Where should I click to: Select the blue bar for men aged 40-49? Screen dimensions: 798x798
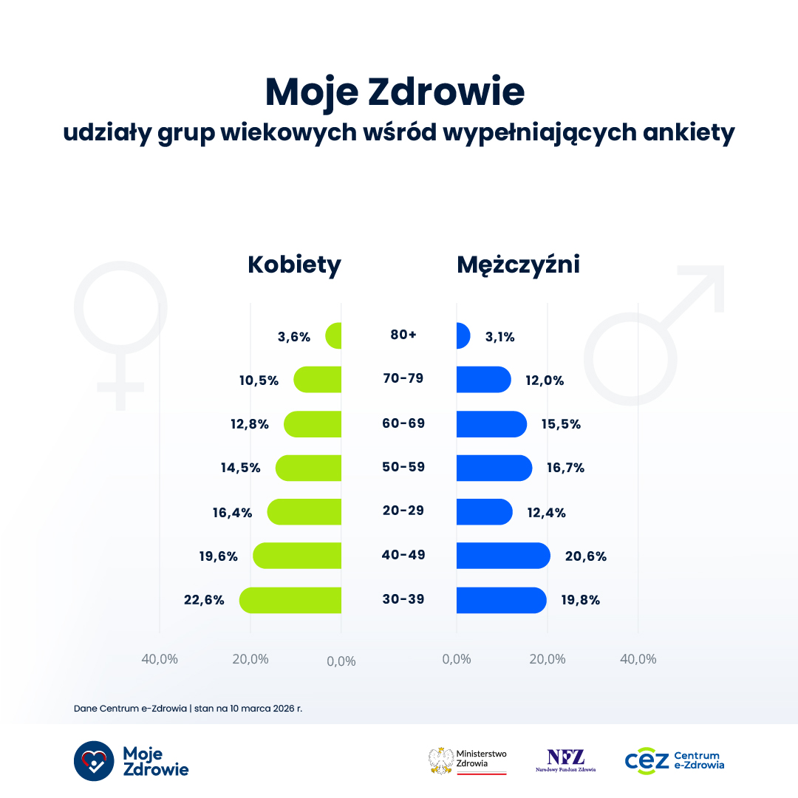coord(502,556)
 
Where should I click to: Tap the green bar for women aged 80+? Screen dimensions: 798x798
coord(334,336)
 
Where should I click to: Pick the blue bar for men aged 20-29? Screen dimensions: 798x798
coord(484,512)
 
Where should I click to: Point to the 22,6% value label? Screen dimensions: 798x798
coord(204,600)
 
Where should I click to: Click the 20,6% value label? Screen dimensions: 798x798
coord(585,556)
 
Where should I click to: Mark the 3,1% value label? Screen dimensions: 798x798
coord(499,337)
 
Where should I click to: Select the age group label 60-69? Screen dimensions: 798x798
coord(403,423)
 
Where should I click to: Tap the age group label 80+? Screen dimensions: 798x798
coord(403,335)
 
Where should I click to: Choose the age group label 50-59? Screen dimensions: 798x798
coord(403,467)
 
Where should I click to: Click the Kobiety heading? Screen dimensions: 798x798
coord(294,265)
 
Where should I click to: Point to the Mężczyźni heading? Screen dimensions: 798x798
coord(518,265)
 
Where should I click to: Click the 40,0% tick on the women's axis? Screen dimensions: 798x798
coord(160,659)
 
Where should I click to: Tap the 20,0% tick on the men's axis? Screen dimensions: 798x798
coord(548,659)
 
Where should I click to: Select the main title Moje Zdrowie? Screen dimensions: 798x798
coord(395,92)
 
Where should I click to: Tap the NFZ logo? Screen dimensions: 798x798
coord(566,760)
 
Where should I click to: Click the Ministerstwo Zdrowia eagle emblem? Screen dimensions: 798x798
coord(441,761)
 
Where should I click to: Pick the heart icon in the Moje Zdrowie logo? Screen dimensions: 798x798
coord(94,760)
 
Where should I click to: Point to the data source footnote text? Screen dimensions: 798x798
coord(188,708)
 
